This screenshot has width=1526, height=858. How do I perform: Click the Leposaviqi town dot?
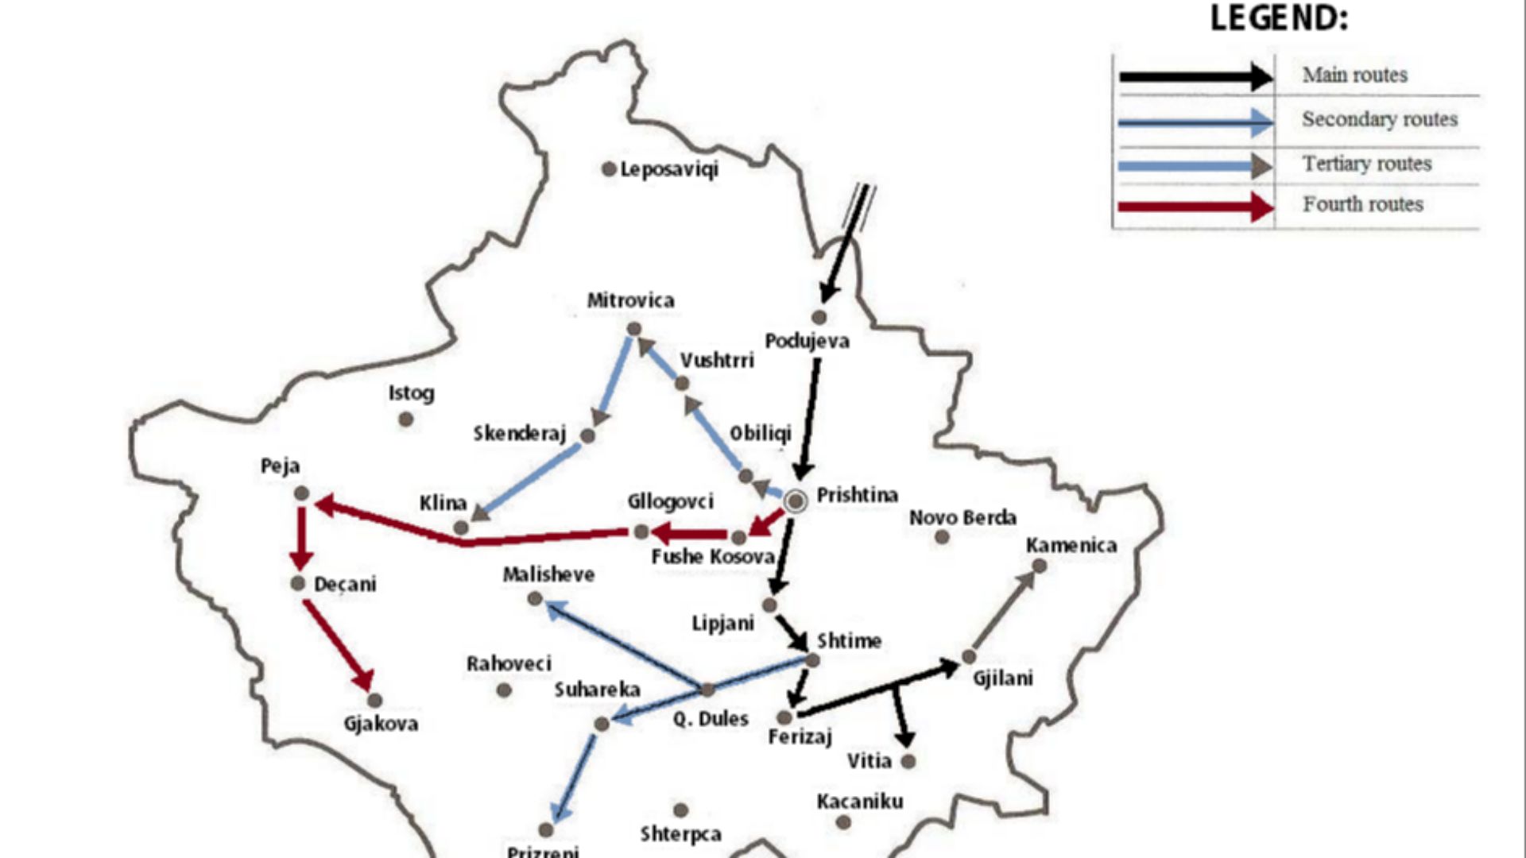(x=609, y=169)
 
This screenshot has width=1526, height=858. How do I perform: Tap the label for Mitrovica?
(x=630, y=300)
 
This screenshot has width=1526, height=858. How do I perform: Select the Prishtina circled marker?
(x=795, y=500)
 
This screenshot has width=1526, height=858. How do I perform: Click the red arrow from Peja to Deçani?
(x=300, y=536)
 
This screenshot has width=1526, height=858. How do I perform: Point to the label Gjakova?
(x=381, y=724)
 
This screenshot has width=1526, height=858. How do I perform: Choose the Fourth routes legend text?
(x=1362, y=204)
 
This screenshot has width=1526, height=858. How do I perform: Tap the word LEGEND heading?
(x=1278, y=18)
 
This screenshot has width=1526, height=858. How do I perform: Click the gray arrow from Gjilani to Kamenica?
(x=1004, y=611)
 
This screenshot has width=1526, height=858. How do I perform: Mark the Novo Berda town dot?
(x=942, y=537)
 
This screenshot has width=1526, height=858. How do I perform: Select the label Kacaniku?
(x=859, y=801)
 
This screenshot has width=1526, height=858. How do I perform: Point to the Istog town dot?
(x=405, y=419)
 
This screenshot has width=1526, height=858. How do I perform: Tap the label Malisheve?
(x=548, y=574)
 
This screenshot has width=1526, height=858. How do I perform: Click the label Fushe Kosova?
(x=712, y=557)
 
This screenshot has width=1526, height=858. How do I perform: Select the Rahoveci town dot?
(x=504, y=690)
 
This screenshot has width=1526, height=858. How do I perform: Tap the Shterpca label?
(x=680, y=834)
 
